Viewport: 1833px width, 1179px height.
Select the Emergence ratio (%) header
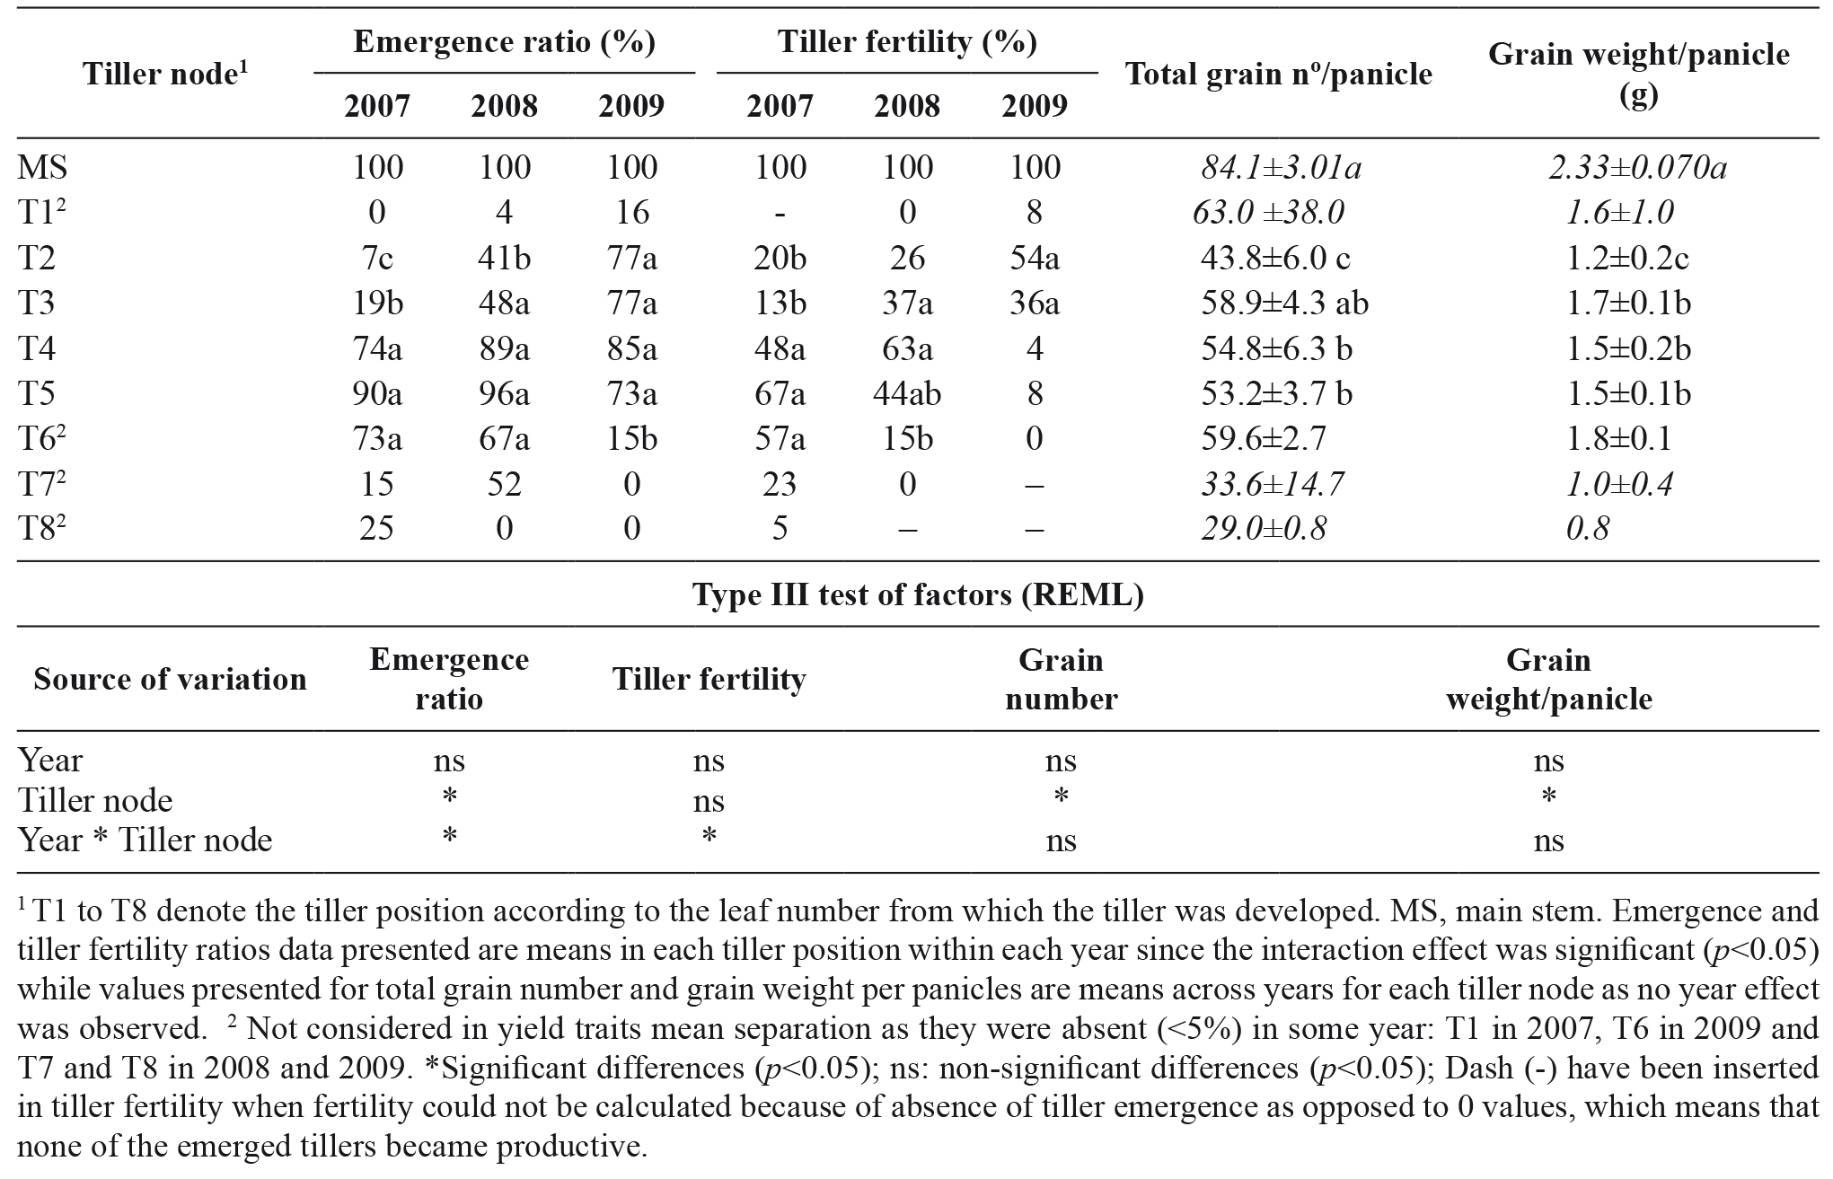[x=504, y=42]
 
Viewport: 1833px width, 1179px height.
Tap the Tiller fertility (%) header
[x=907, y=42]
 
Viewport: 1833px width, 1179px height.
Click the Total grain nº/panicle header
[x=1278, y=75]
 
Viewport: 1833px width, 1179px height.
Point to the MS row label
[x=42, y=167]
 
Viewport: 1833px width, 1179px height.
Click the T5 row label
[x=36, y=393]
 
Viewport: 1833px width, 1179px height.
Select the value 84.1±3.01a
[x=1282, y=167]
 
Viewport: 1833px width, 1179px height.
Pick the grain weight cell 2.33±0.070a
[x=1637, y=167]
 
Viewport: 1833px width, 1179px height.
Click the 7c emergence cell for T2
[x=376, y=258]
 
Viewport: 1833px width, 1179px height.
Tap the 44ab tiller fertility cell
[x=907, y=393]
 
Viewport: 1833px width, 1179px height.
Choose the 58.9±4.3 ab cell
[x=1284, y=304]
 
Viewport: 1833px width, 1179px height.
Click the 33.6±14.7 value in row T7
[x=1273, y=484]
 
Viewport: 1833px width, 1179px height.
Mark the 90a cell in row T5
[x=376, y=393]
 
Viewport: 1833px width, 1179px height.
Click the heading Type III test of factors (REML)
[x=918, y=594]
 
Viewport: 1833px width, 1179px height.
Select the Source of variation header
[x=170, y=679]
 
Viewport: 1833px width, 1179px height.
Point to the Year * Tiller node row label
[x=145, y=840]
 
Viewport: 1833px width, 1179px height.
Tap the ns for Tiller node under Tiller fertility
[x=709, y=800]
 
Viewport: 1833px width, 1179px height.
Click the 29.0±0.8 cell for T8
[x=1264, y=528]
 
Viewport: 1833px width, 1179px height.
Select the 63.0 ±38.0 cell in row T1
[x=1268, y=213]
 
